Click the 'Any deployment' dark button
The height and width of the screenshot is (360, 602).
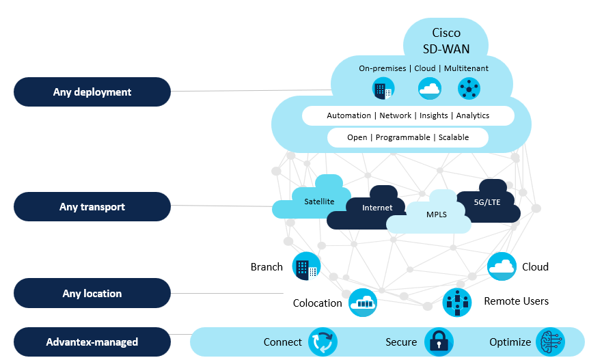(92, 92)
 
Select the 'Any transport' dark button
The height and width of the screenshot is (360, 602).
(92, 206)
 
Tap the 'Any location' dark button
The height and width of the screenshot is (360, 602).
(92, 293)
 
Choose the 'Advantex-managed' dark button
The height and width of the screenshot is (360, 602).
(92, 342)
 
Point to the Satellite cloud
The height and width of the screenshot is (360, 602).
(318, 201)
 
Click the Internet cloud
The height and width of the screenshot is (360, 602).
(377, 208)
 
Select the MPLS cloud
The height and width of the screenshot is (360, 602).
(436, 214)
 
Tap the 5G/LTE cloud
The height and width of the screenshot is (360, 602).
(487, 202)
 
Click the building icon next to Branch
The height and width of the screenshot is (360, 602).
(306, 266)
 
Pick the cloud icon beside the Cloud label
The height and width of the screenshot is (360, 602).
(502, 266)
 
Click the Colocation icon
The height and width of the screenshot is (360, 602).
(363, 303)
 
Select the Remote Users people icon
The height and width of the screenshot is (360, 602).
(456, 302)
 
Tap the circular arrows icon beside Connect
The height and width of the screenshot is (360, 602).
(323, 342)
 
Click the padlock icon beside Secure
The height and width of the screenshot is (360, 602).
(438, 342)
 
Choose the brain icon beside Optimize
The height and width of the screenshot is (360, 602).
(551, 342)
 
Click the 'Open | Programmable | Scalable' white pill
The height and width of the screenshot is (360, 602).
(408, 137)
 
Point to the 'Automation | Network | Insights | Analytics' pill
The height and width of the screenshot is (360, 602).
(408, 115)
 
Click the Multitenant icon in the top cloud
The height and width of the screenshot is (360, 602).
(469, 89)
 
